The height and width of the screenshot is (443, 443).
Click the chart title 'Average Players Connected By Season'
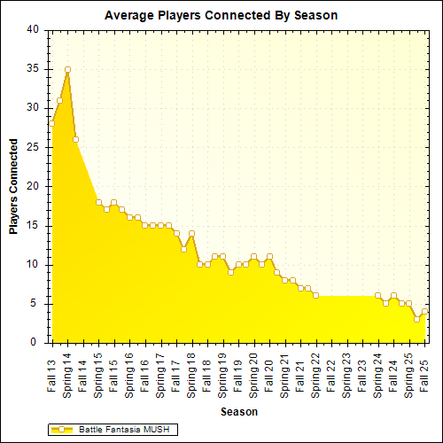pos(221,15)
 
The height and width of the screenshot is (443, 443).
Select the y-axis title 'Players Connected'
pos(13,185)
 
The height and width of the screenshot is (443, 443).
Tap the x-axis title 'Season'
pos(239,411)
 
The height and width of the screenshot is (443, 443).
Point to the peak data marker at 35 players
pos(67,69)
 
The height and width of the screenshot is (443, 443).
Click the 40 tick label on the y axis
pos(33,29)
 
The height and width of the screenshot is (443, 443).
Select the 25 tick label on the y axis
pos(33,147)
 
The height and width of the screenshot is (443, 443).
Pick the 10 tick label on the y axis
pos(33,264)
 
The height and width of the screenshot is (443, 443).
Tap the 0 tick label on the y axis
pos(35,343)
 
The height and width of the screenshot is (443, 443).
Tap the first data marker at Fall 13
pos(52,123)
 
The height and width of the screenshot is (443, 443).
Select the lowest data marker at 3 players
pos(416,319)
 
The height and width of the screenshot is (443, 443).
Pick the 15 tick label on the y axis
pos(33,225)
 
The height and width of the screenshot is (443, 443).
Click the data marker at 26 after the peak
pos(75,139)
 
